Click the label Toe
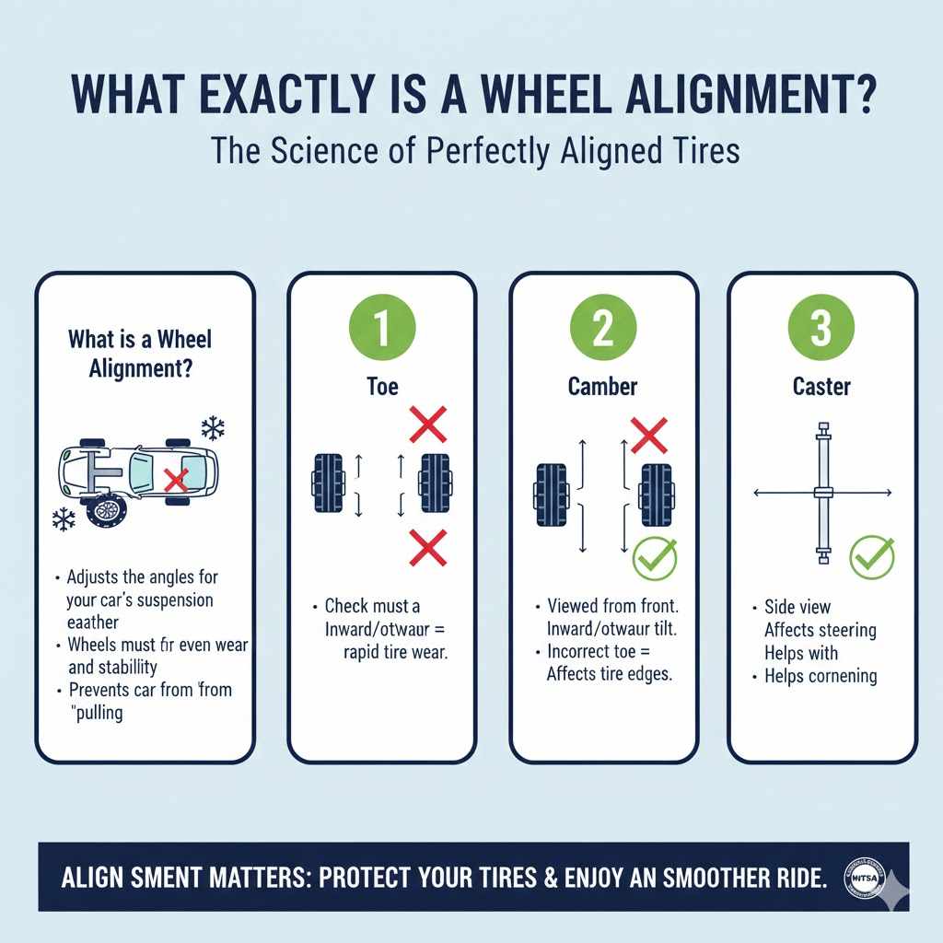[x=382, y=386]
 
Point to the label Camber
[x=602, y=386]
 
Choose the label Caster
[x=821, y=386]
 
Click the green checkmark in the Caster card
[x=871, y=555]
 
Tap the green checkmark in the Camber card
[x=655, y=556]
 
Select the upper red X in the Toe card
[x=427, y=425]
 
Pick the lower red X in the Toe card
[x=427, y=546]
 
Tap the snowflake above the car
[x=213, y=427]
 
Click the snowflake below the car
[x=64, y=518]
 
